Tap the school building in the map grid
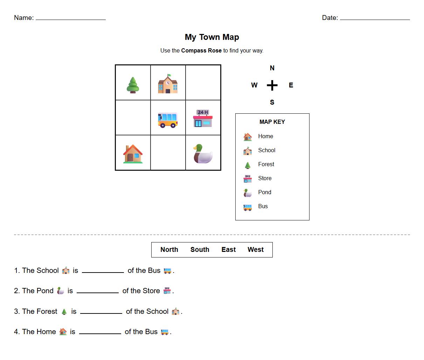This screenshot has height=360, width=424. tap(168, 84)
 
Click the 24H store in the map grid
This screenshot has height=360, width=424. tap(203, 118)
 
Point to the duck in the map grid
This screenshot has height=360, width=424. tap(203, 154)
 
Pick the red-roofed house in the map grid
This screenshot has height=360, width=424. tap(133, 154)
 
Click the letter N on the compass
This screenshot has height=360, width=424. tap(272, 68)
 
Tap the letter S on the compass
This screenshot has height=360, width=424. tap(272, 103)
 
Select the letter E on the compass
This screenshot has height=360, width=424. tap(291, 85)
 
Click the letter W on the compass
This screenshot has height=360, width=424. tap(254, 85)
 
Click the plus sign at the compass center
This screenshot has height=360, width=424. tap(272, 85)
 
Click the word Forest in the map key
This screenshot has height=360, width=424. tap(266, 164)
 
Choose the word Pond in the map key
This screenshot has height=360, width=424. tap(265, 192)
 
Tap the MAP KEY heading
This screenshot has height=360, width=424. tap(272, 122)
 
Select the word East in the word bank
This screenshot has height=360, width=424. tap(229, 249)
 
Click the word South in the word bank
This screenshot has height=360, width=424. tap(200, 249)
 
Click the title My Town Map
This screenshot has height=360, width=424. tap(212, 37)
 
